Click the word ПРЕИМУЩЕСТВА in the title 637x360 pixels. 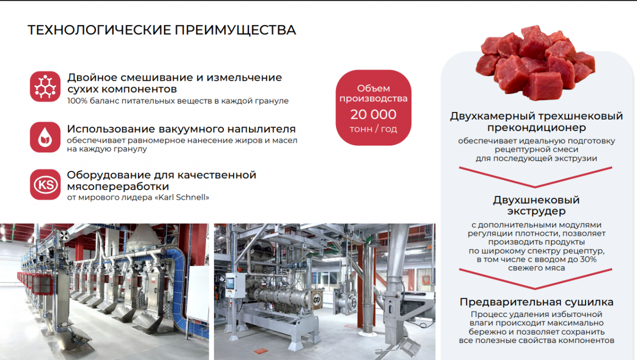235,30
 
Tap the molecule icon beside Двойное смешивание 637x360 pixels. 45,87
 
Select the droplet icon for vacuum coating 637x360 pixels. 45,138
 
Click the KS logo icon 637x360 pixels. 45,185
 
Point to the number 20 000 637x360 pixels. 373,115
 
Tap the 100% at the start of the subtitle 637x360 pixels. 77,101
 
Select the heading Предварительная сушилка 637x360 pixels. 536,302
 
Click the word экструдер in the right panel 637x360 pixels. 536,211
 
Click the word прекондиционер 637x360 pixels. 537,127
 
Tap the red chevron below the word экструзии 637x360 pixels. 536,177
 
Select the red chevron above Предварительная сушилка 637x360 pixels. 536,279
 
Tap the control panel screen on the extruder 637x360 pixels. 230,283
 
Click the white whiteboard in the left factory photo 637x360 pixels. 198,294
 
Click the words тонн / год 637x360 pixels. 373,130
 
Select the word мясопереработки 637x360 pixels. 118,186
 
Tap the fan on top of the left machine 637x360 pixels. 64,235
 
